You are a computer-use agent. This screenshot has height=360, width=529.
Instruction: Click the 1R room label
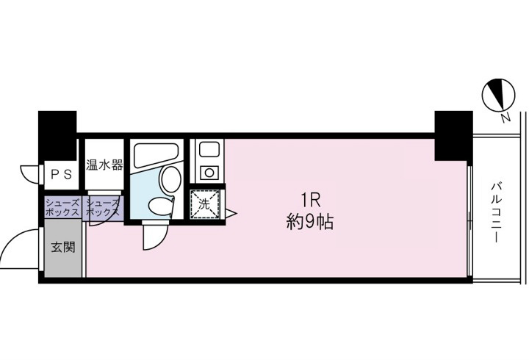point(309,200)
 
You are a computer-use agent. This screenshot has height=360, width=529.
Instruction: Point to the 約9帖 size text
point(309,221)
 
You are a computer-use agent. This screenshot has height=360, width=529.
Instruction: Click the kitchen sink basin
point(206,151)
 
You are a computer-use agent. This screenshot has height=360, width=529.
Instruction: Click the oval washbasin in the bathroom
point(170,177)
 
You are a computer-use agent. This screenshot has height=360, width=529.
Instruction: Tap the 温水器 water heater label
point(103,165)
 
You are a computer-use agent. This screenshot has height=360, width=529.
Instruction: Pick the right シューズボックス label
point(102,206)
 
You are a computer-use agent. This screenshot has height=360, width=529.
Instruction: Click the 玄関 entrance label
point(62,248)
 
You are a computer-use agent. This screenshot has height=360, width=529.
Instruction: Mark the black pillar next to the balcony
point(453,135)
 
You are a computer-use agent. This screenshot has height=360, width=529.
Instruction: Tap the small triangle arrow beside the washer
point(230,215)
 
